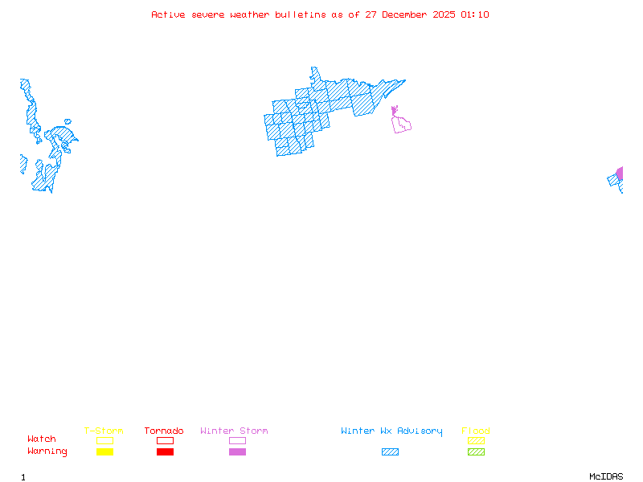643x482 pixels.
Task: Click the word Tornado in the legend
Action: [x=164, y=431]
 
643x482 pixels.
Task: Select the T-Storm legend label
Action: [x=104, y=431]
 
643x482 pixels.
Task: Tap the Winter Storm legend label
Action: [x=234, y=431]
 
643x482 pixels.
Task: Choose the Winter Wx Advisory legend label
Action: [x=391, y=431]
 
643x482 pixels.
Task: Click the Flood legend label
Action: [x=476, y=431]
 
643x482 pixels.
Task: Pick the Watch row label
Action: [x=42, y=439]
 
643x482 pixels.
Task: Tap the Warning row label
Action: [x=47, y=451]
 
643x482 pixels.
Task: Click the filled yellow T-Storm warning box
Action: [x=104, y=452]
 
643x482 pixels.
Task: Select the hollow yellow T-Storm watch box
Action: [x=104, y=440]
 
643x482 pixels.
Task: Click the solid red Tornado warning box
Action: [x=165, y=452]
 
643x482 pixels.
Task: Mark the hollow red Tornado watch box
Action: [x=165, y=440]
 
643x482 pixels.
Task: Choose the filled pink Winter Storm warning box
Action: [x=237, y=452]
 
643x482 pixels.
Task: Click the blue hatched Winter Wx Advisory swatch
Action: [x=390, y=452]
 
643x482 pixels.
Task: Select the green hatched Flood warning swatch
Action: [x=476, y=452]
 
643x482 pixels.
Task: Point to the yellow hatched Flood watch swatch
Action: [x=476, y=440]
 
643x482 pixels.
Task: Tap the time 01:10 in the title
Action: [x=475, y=15]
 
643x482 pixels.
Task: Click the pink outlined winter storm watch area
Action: [x=401, y=124]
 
